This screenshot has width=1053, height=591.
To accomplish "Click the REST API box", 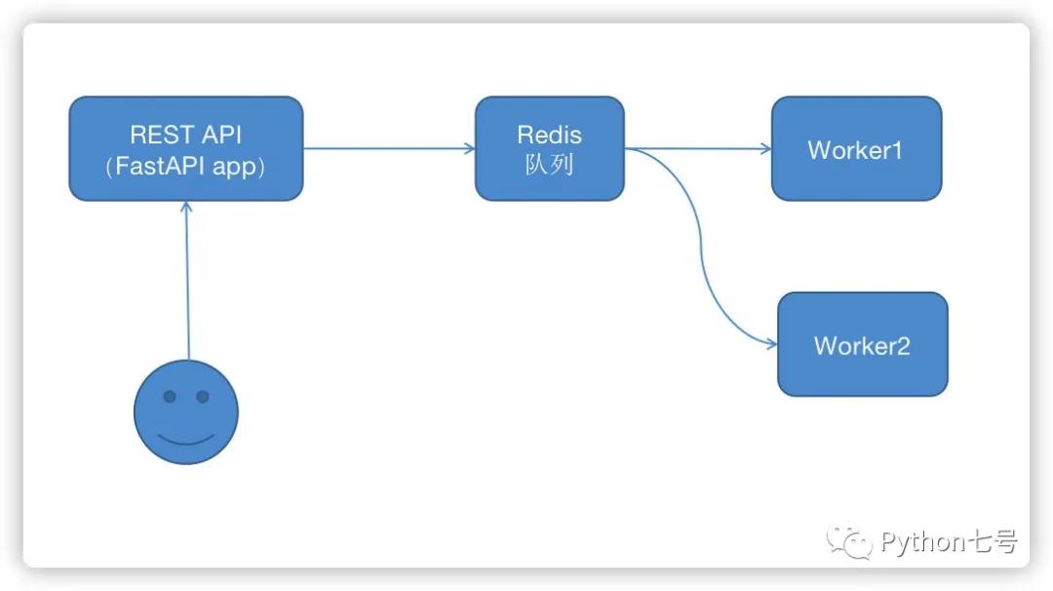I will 185,148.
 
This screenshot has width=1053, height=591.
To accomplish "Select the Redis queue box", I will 549,148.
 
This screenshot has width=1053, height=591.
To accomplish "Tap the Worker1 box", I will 856,148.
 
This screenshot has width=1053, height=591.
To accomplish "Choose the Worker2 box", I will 862,344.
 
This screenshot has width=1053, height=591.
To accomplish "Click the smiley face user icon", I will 185,412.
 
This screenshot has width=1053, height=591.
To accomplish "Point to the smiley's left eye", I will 170,397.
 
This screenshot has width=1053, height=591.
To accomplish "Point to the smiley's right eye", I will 203,397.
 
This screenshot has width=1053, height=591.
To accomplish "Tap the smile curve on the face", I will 185,438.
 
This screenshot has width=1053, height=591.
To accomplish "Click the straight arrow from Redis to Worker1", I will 697,149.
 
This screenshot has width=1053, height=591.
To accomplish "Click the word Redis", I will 549,135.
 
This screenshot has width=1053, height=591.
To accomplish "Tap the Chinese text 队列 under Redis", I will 549,164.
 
